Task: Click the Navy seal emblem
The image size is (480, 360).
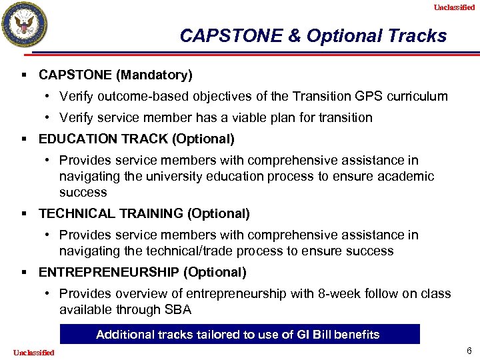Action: pyautogui.click(x=25, y=25)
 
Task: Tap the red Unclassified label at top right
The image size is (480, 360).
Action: pyautogui.click(x=454, y=7)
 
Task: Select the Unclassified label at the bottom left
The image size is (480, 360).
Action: pyautogui.click(x=33, y=352)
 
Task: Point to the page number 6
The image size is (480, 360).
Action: pyautogui.click(x=469, y=351)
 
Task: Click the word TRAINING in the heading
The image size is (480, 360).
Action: pyautogui.click(x=143, y=213)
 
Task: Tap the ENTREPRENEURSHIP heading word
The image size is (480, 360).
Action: pyautogui.click(x=109, y=272)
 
